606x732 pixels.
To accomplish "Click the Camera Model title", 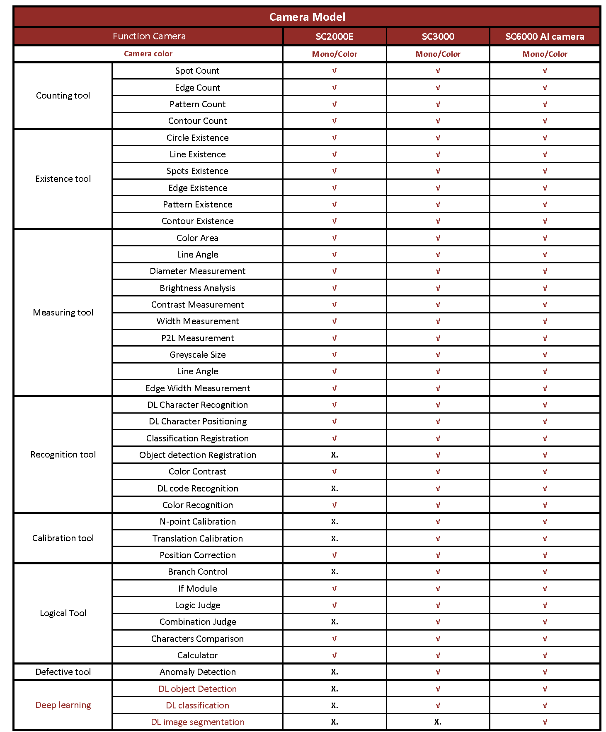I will point(307,17).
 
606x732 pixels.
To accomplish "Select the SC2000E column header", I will point(335,36).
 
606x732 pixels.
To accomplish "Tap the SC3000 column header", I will point(438,36).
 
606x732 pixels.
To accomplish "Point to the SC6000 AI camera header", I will point(545,36).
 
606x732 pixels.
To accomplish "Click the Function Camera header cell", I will point(149,36).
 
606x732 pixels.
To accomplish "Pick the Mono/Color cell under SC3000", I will point(438,54).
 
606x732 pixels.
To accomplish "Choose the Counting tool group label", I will point(63,96).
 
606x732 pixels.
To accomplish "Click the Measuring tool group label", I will point(63,313).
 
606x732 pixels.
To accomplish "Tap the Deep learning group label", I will point(63,705).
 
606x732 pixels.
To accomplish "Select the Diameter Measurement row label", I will point(197,271).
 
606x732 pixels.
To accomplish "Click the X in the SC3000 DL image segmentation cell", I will point(438,722).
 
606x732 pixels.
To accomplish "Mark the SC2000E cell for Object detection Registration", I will point(335,455).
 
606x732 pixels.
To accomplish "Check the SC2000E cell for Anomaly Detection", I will point(335,672).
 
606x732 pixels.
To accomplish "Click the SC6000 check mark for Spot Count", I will point(545,71).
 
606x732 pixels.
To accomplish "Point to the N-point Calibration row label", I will point(197,522).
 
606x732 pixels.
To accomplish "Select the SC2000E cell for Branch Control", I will point(335,572).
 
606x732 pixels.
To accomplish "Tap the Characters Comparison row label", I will point(197,639).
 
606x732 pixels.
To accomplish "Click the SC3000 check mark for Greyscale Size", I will point(438,355).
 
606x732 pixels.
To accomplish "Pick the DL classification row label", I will point(197,706).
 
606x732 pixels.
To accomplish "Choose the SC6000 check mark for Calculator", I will point(545,655).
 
